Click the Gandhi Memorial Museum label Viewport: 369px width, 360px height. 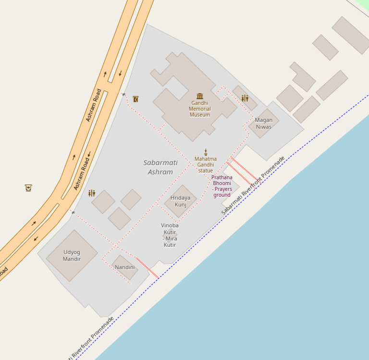point(199,109)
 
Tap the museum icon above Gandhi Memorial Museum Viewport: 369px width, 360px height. point(200,96)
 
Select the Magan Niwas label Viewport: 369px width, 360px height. point(264,124)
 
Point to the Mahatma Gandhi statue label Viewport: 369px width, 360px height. point(206,164)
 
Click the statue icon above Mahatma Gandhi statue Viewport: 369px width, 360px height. point(206,152)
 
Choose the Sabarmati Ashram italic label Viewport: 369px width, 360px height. point(160,167)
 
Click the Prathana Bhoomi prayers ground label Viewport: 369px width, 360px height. point(222,186)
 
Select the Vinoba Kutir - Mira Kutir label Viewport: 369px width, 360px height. point(170,235)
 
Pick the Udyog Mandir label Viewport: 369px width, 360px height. point(72,256)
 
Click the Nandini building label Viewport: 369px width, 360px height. point(124,267)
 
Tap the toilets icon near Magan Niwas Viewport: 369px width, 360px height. point(245,99)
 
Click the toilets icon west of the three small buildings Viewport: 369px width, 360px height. point(91,193)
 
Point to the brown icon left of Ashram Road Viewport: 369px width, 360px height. point(28,187)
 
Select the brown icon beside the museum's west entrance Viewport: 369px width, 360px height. point(135,99)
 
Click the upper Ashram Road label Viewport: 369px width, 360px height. point(94,105)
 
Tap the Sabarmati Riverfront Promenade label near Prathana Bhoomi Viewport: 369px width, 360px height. point(253,185)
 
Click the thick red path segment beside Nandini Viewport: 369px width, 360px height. point(147,268)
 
